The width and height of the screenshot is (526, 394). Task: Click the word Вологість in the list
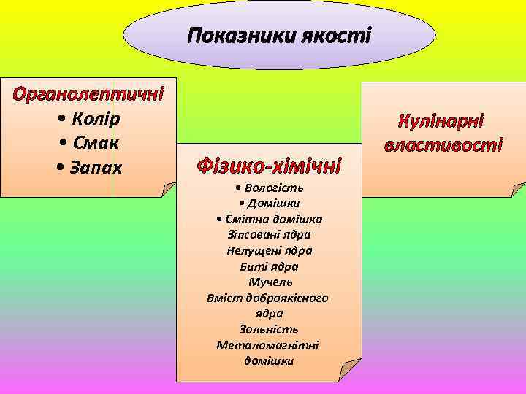pos(275,189)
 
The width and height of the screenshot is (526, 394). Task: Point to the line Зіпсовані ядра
pos(270,234)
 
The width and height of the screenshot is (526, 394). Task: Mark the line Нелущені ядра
pos(270,250)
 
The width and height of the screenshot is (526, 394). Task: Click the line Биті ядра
pos(270,266)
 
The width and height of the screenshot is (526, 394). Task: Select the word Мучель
pos(270,282)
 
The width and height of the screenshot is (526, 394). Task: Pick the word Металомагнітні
pos(268,345)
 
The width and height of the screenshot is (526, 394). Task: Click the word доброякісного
pos(286,298)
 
